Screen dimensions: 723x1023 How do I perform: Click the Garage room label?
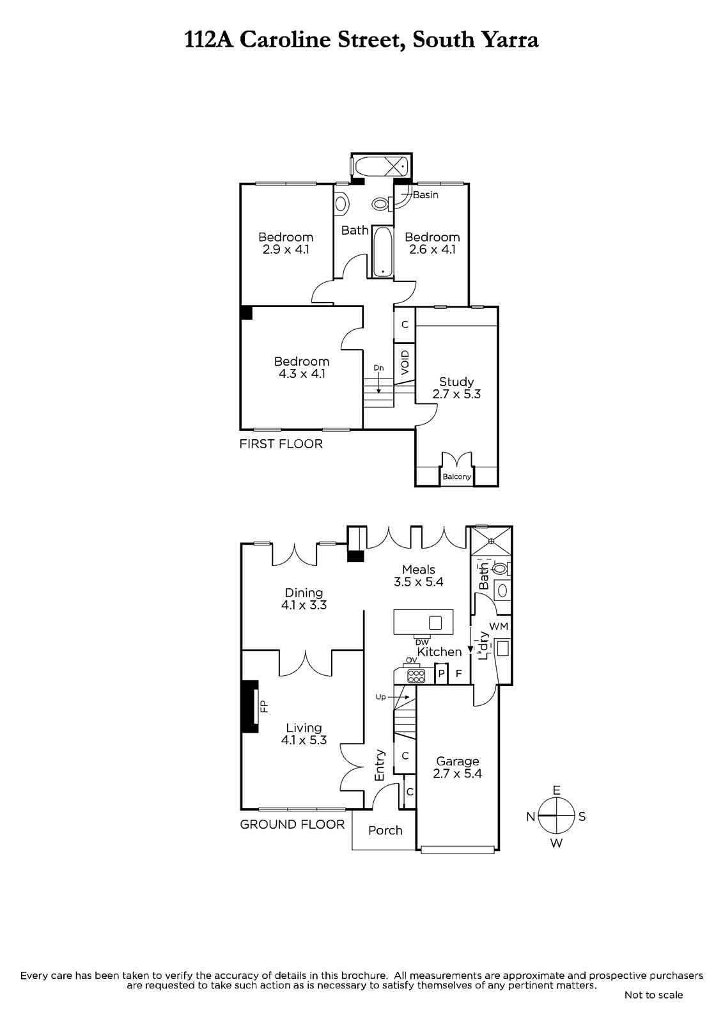pos(457,761)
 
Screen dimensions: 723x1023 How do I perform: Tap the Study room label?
pos(456,382)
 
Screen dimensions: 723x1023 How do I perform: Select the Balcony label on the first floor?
pos(456,477)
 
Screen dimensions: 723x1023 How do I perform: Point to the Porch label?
pos(385,831)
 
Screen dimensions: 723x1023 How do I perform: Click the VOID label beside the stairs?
pos(405,363)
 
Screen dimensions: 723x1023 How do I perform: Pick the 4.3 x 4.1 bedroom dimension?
pos(302,373)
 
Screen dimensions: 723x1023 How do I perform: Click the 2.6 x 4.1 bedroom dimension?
pos(432,249)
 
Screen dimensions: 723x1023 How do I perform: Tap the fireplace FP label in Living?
pos(264,707)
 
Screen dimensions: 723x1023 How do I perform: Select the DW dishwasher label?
pos(422,643)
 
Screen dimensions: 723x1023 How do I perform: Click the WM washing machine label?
pos(499,627)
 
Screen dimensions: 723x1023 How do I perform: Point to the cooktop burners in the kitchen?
pos(416,676)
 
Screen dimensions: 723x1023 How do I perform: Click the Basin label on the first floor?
pos(426,195)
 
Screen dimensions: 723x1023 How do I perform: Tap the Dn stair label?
pos(378,368)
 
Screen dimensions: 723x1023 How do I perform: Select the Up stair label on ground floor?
pos(380,697)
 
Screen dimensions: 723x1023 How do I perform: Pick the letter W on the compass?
pos(556,843)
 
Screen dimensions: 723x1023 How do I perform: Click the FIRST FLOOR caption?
pos(281,444)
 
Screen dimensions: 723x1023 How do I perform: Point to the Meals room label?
pos(418,570)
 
